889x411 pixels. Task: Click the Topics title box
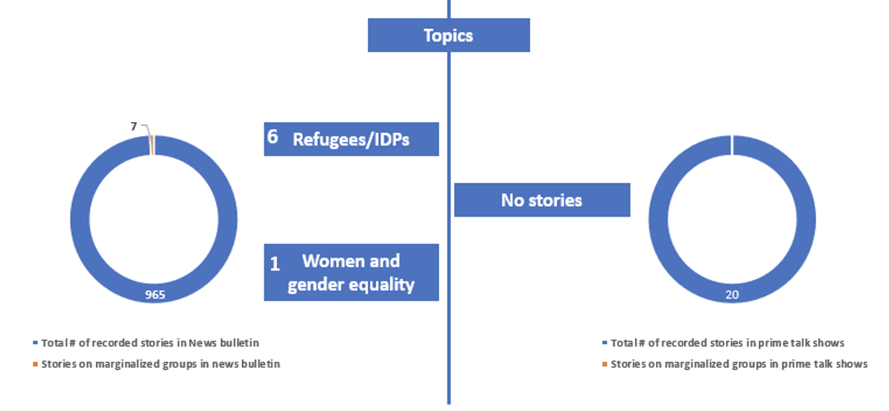(x=448, y=35)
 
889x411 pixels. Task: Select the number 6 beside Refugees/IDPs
(x=273, y=138)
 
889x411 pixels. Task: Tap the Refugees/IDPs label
(x=351, y=140)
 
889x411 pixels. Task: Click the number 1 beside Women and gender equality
(x=274, y=264)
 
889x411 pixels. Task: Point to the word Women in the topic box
(x=351, y=261)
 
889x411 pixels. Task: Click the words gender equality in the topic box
(x=351, y=284)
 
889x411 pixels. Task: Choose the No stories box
(x=541, y=200)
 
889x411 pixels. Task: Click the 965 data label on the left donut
(x=155, y=296)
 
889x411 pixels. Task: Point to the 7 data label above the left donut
(x=134, y=127)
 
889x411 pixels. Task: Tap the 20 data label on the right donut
(x=732, y=296)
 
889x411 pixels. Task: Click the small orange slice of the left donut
(x=152, y=144)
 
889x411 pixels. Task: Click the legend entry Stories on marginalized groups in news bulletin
(x=160, y=364)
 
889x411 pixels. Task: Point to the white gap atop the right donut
(x=732, y=144)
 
